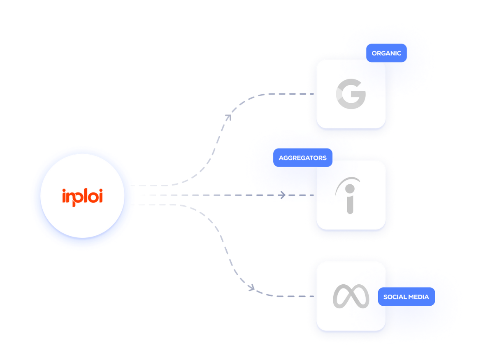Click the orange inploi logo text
pyautogui.click(x=82, y=197)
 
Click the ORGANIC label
pyautogui.click(x=386, y=53)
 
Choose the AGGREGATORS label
pyautogui.click(x=302, y=158)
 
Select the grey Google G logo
pyautogui.click(x=351, y=94)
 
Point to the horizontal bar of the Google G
pyautogui.click(x=358, y=94)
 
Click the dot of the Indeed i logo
pyautogui.click(x=350, y=189)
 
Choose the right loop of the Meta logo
pyautogui.click(x=360, y=297)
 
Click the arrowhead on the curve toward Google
pyautogui.click(x=228, y=117)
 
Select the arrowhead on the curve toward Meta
pyautogui.click(x=251, y=288)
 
